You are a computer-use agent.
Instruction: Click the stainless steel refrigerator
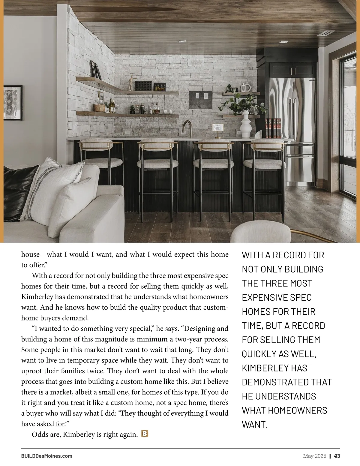292,120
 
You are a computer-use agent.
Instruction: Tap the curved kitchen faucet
187,128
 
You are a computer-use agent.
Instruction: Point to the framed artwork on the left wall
13,103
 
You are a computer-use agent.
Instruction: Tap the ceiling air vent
326,33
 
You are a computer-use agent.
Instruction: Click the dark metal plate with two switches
201,99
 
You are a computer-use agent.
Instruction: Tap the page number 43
337,456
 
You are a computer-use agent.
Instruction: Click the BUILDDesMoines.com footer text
46,456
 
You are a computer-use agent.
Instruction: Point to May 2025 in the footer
314,456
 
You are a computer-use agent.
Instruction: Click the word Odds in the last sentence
39,434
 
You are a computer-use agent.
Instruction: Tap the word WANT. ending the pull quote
254,424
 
